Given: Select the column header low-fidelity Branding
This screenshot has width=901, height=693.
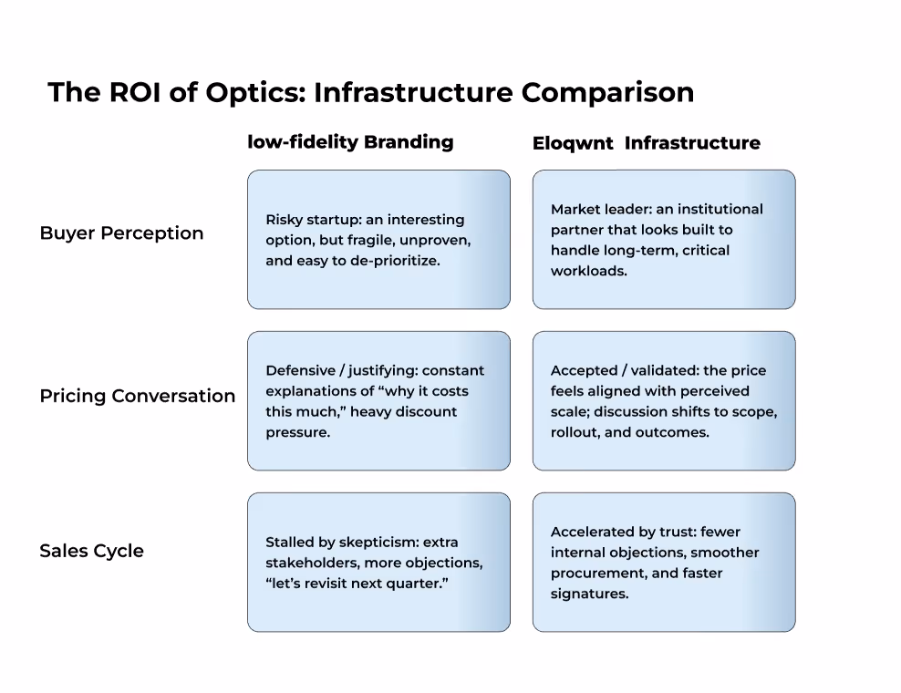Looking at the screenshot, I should point(350,141).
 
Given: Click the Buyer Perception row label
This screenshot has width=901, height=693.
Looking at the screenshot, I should point(121,233).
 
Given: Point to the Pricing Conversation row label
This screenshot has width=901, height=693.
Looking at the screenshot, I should point(137,396).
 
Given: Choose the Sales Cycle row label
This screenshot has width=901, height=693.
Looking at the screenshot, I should point(91,551).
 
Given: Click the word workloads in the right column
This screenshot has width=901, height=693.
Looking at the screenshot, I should point(588,271).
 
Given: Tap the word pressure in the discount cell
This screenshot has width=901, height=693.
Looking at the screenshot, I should point(297,432).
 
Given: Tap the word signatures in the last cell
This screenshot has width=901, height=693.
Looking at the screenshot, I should point(588,594).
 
